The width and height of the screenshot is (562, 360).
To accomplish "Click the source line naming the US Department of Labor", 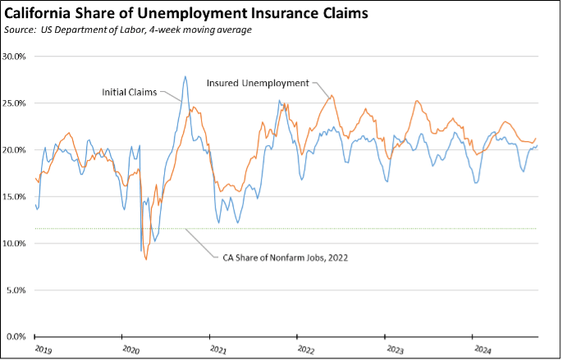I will (x=130, y=30).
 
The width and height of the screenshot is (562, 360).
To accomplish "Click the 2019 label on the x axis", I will (x=43, y=350).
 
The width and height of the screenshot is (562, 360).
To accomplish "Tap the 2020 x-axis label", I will (x=130, y=350).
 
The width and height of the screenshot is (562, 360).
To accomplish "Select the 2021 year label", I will (x=218, y=350).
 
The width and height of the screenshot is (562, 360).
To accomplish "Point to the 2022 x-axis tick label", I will (x=306, y=350).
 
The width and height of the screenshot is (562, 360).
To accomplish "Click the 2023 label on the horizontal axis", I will (x=394, y=350).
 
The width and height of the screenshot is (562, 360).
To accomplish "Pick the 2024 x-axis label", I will (x=482, y=350).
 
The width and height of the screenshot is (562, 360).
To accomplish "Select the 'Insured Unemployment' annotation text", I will (x=257, y=83).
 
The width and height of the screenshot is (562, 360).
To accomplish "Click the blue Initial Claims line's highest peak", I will (x=185, y=76).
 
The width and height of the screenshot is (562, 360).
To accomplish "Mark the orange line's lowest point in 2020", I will (x=146, y=259).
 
